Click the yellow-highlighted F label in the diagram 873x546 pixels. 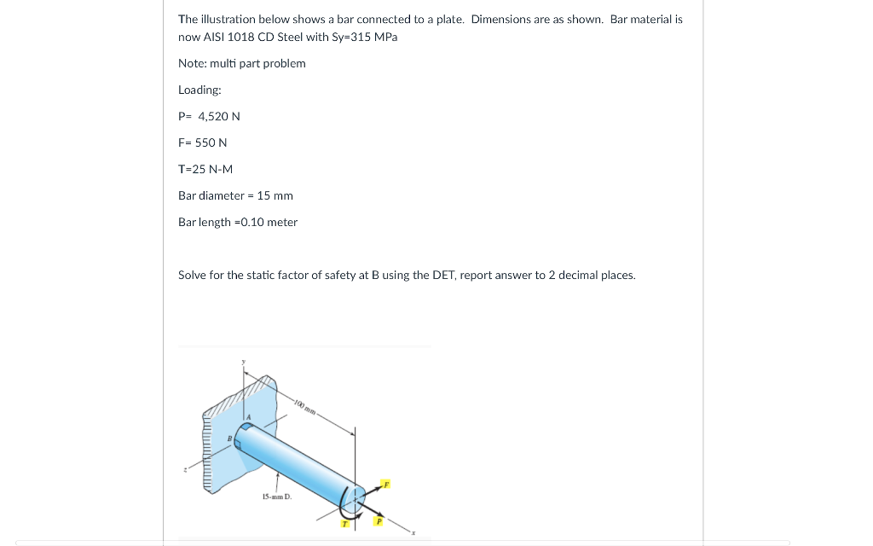coord(384,484)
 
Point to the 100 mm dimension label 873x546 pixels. coord(305,407)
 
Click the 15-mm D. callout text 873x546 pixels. coord(277,496)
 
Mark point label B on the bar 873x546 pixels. coord(228,439)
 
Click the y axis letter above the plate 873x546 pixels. coord(243,363)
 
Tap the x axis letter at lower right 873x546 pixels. coord(413,533)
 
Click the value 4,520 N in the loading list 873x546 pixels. coord(219,116)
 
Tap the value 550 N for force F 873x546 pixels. coord(211,142)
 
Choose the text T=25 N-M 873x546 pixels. coord(205,169)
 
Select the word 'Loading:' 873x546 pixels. coord(199,90)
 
